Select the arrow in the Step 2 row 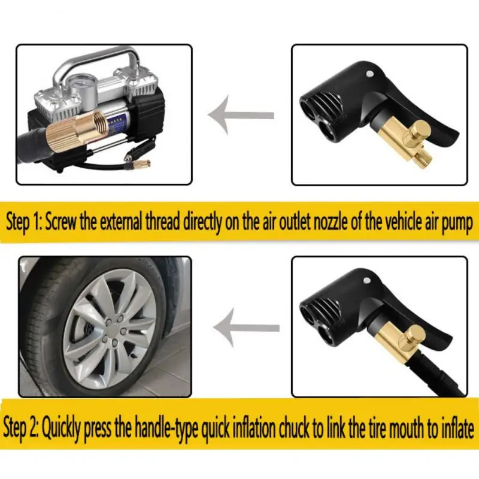tap(245, 326)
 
